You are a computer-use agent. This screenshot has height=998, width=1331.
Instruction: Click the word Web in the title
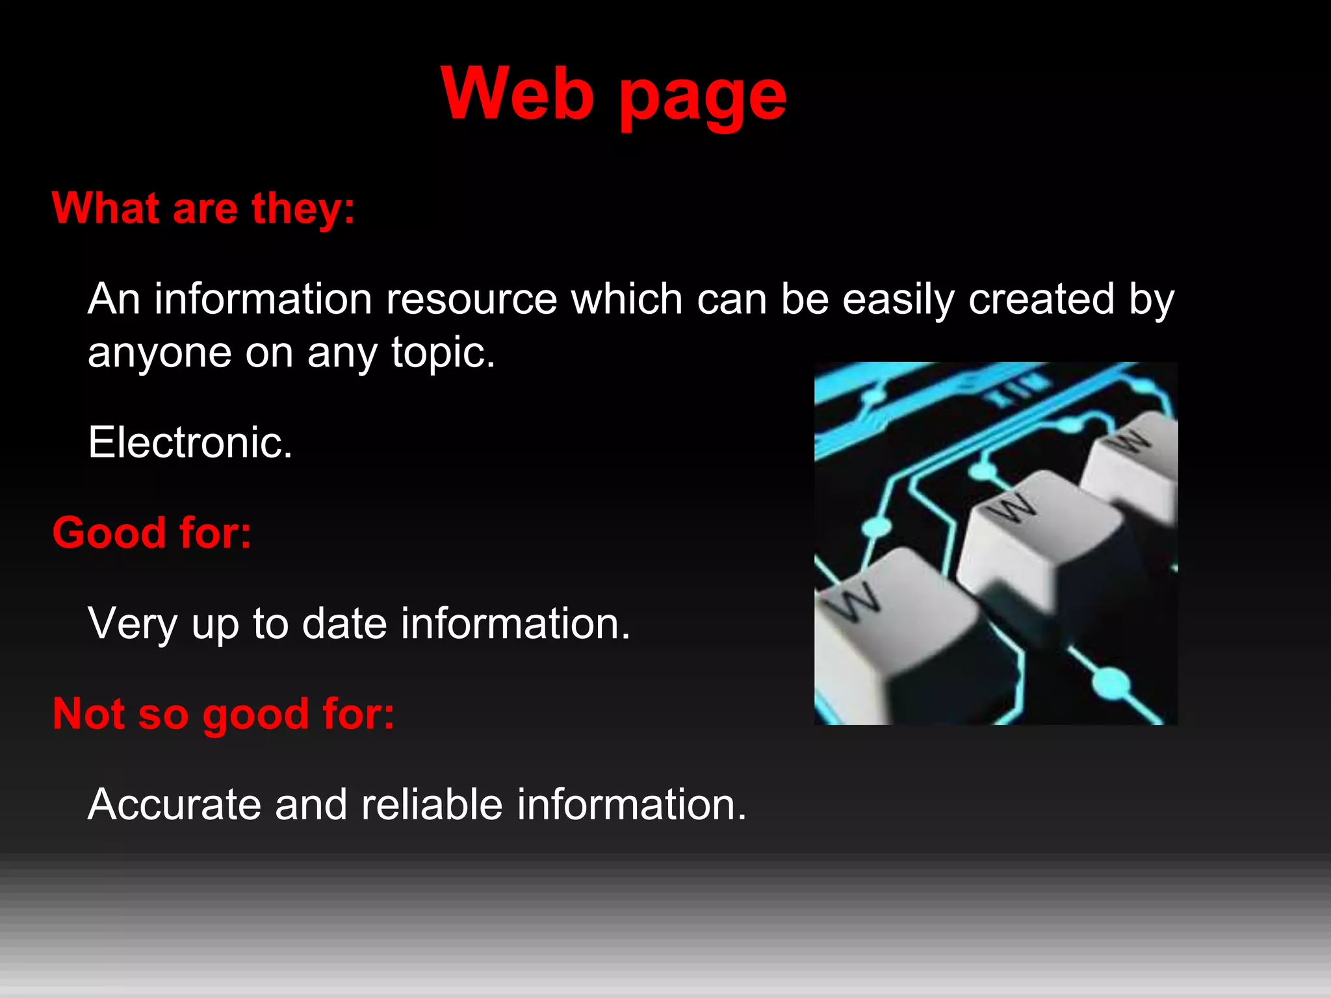517,94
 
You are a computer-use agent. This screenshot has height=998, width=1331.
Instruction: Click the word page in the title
702,97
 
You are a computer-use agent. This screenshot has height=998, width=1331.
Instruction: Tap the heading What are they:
203,209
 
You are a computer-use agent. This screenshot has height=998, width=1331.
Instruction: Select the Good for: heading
151,533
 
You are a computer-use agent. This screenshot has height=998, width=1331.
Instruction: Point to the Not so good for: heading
223,714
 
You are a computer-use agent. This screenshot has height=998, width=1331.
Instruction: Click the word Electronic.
190,442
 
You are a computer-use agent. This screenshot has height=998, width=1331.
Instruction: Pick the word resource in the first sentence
471,300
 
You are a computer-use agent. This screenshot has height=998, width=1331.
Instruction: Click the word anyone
159,353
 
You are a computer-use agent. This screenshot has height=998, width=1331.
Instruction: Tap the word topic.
443,353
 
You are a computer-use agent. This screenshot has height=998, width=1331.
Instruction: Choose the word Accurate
174,805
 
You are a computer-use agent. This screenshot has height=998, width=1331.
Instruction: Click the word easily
898,300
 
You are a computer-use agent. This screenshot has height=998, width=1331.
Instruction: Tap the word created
1041,300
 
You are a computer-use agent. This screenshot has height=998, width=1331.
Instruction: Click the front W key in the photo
890,624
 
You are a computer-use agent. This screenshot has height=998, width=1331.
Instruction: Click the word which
627,300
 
